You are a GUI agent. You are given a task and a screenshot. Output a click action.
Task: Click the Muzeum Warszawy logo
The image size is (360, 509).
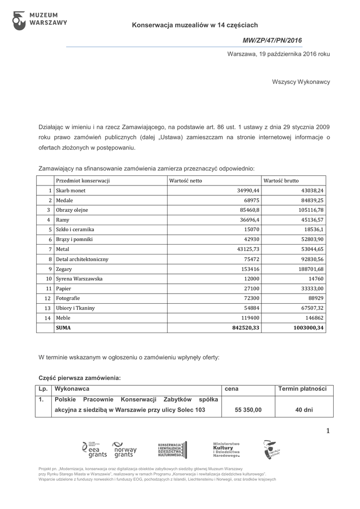(39, 19)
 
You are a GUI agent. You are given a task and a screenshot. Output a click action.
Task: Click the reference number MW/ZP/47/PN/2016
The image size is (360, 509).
(272, 40)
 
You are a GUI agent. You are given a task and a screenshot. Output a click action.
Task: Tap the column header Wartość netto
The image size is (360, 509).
(186, 180)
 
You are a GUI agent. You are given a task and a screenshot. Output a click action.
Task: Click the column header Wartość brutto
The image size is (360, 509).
(281, 180)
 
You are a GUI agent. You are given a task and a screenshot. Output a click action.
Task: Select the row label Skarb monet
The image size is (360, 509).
(71, 190)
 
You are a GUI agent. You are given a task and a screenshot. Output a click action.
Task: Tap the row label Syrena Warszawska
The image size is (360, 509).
(79, 278)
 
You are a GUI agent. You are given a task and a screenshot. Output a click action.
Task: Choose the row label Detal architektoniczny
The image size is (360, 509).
(82, 259)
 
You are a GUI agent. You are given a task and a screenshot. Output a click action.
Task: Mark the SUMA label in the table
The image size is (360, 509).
(64, 328)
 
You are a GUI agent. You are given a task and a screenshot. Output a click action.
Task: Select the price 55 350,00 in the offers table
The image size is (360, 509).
(248, 410)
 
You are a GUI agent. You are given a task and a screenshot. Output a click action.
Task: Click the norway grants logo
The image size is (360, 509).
(124, 449)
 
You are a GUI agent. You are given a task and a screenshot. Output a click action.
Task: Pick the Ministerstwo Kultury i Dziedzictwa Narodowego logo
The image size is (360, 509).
(226, 449)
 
